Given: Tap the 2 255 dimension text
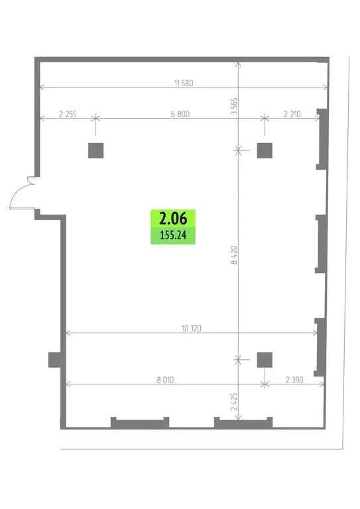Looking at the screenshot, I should point(68,114).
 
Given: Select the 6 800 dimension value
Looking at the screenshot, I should point(180,114).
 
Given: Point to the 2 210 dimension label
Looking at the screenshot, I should point(292,114).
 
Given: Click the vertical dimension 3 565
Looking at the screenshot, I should point(234,106).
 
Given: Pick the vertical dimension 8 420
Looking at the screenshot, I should point(234,255).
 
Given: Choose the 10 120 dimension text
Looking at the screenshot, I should point(191,327).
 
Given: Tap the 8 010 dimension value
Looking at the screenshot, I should point(166,380).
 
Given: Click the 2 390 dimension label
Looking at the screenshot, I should point(295,380).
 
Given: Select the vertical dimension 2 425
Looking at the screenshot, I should point(234,404).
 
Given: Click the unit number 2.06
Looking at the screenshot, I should point(174,217).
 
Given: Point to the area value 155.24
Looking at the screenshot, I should point(174,235).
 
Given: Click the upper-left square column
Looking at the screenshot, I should point(95,150).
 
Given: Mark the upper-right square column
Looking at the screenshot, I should point(265,150).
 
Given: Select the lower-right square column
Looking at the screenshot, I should point(265,359).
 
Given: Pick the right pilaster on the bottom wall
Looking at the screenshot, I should point(243,422).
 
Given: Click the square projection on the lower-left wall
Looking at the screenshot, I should point(54,360).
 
